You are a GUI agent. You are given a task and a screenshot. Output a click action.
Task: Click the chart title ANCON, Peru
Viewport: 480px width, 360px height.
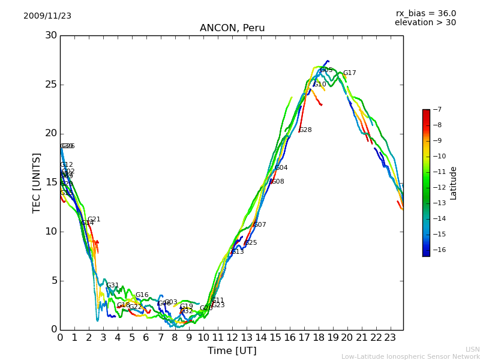[x=232, y=28]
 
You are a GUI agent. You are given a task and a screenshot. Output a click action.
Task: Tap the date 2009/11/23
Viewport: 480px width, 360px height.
[x=47, y=16]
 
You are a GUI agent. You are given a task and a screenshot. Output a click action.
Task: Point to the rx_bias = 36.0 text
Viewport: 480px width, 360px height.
[x=425, y=14]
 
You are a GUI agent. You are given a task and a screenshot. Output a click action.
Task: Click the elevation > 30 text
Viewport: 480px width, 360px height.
[x=425, y=23]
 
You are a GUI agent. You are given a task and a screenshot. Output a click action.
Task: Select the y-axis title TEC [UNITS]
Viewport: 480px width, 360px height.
[x=37, y=182]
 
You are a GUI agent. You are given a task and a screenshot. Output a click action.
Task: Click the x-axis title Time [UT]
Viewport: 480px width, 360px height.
[x=232, y=350]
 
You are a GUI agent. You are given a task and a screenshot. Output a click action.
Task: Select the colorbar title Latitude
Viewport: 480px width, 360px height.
[x=454, y=183]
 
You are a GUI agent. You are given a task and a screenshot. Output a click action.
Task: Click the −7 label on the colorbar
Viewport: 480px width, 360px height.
[x=437, y=110]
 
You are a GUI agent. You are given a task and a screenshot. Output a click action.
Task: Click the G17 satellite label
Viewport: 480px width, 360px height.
[x=349, y=73]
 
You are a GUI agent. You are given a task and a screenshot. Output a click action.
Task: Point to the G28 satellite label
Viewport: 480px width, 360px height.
[x=305, y=130]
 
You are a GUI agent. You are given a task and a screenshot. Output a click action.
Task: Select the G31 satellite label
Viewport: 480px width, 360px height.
[x=113, y=286]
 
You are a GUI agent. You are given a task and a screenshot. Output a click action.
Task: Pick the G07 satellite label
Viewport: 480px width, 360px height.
[x=259, y=225]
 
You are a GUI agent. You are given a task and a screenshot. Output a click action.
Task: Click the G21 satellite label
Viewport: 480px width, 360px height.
[x=94, y=220]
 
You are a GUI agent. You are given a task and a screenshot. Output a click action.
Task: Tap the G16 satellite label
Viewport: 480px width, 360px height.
[x=142, y=295]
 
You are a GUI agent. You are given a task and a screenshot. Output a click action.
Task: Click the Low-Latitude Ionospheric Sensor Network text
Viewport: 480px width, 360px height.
[x=410, y=356]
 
